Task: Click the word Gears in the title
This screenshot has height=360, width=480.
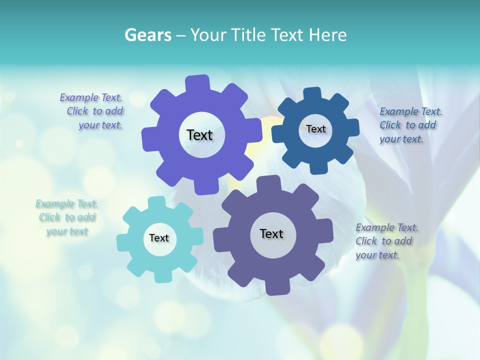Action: click(147, 35)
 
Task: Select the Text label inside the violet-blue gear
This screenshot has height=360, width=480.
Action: click(200, 135)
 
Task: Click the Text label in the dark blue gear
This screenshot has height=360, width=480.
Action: click(315, 129)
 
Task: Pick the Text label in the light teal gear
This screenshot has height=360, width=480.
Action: click(159, 238)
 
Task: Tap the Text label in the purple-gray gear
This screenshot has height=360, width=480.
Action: click(271, 233)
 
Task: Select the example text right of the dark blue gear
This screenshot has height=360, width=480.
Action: click(410, 125)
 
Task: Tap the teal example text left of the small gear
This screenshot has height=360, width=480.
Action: click(66, 217)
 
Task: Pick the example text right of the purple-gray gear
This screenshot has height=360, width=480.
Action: click(386, 241)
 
